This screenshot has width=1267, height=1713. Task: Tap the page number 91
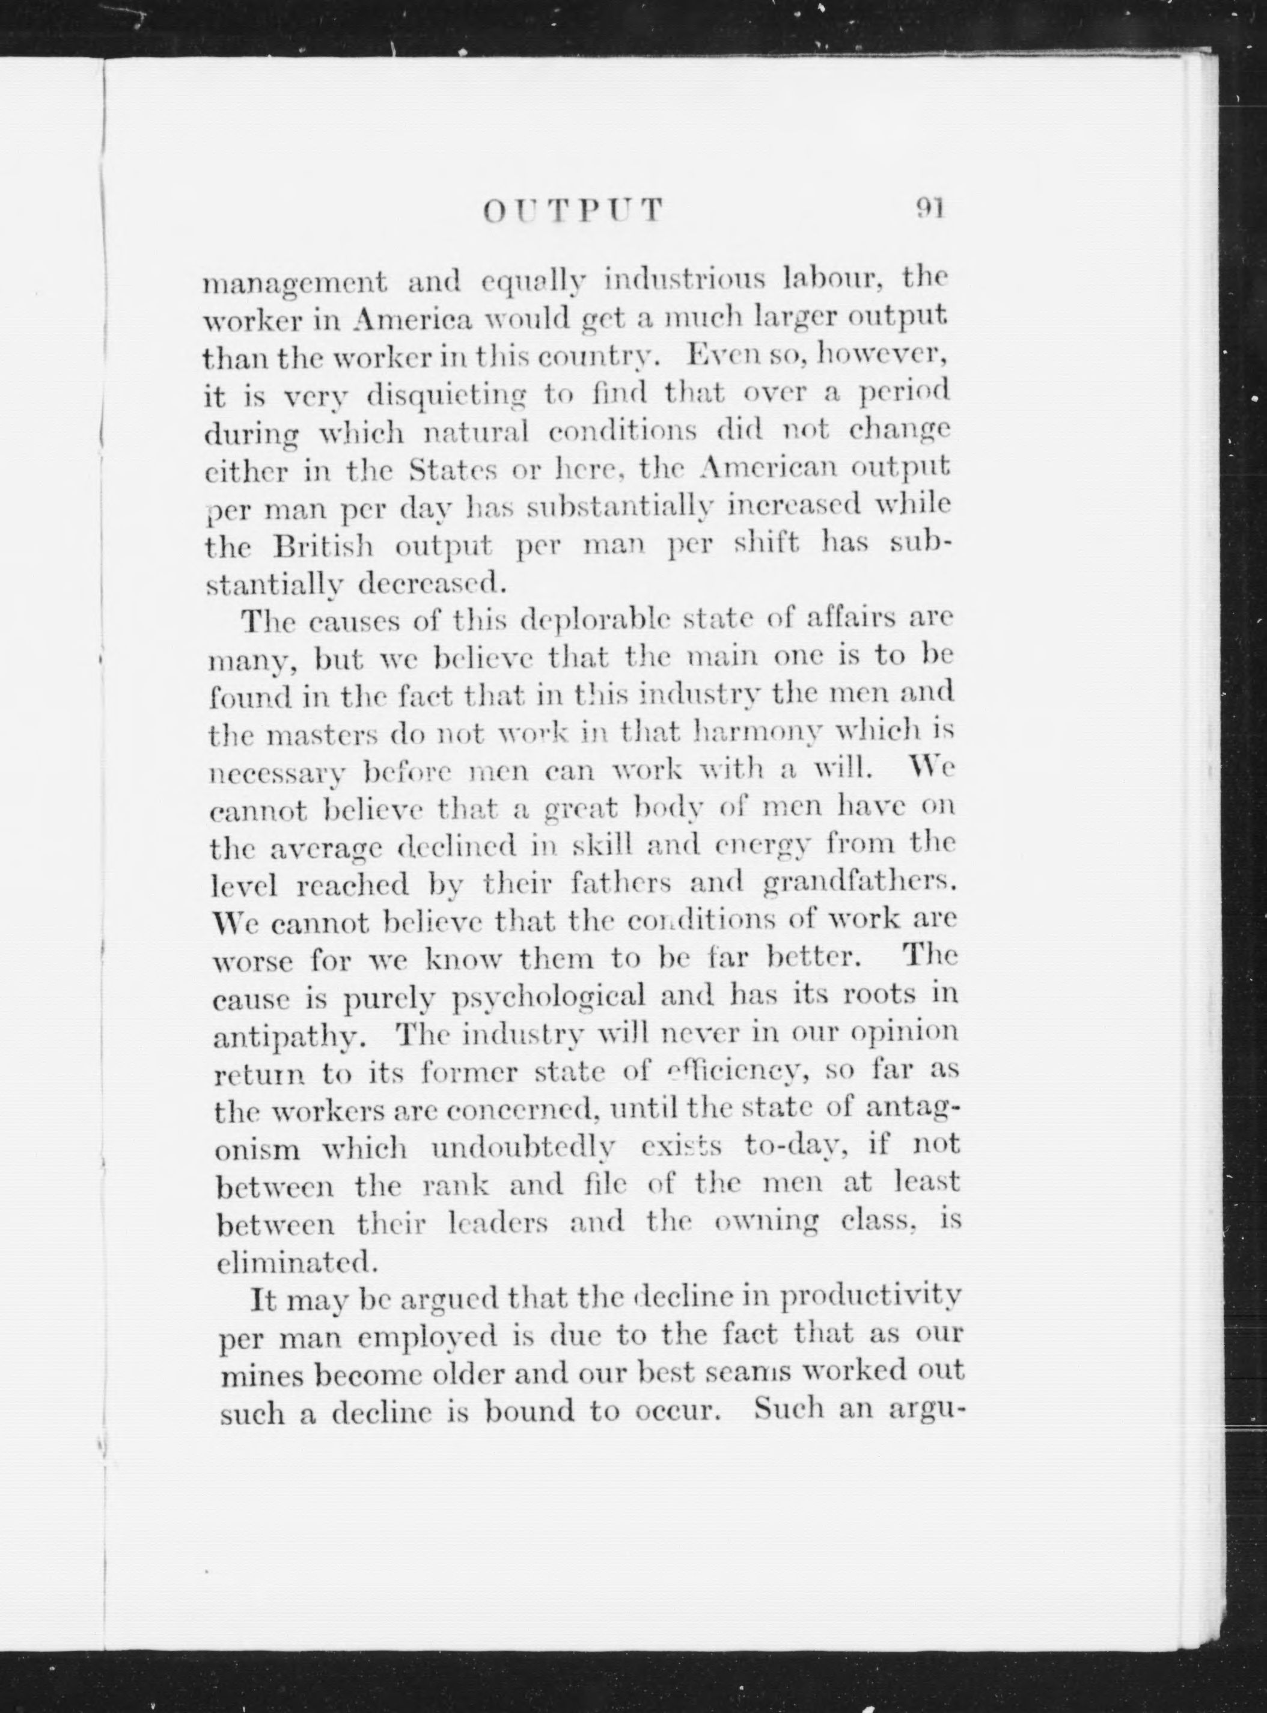tap(930, 208)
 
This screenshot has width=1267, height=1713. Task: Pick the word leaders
tap(498, 1224)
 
